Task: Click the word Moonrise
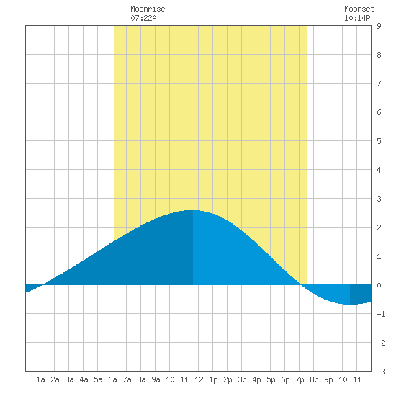tap(148, 9)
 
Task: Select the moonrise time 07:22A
tap(143, 18)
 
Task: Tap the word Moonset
tap(359, 9)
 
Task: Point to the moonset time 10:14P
tap(357, 18)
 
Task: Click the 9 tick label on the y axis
tap(379, 26)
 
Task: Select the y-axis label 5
tap(379, 141)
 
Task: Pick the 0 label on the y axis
tap(379, 285)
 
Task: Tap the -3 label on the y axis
tap(381, 372)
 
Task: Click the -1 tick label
tap(381, 314)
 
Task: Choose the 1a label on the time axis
tap(40, 379)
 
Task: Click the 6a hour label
tap(112, 379)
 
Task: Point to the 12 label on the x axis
tap(199, 379)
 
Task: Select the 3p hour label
tap(242, 379)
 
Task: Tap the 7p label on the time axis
tap(300, 379)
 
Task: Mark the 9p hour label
tap(328, 379)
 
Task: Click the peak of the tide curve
tap(192, 210)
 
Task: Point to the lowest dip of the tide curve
tap(350, 304)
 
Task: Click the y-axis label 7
tap(379, 84)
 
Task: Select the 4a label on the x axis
tap(84, 379)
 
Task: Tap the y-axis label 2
tap(379, 228)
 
